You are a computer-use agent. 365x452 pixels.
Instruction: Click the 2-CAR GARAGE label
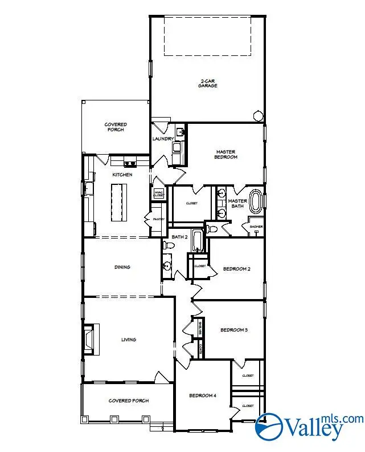coord(208,83)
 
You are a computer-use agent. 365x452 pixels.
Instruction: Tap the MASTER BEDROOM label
coord(226,154)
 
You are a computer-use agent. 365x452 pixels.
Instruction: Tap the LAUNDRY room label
coord(162,139)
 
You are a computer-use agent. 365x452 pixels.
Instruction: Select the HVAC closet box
coord(158,193)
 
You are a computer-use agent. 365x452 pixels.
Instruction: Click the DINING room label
coord(122,267)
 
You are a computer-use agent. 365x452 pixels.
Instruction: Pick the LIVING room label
coord(129,340)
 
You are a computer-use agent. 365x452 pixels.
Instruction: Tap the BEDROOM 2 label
coord(236,269)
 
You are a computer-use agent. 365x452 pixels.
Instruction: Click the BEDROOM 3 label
coord(234,330)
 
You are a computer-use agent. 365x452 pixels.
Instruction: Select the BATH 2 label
coord(180,236)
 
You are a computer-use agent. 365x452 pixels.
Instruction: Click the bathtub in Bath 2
coord(197,241)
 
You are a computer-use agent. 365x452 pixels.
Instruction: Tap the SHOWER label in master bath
coord(256,227)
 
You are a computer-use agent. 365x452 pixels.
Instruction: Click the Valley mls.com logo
coord(307,426)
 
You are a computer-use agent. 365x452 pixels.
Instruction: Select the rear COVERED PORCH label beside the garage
coord(116,127)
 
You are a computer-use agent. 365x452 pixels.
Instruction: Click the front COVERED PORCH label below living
coord(129,401)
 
